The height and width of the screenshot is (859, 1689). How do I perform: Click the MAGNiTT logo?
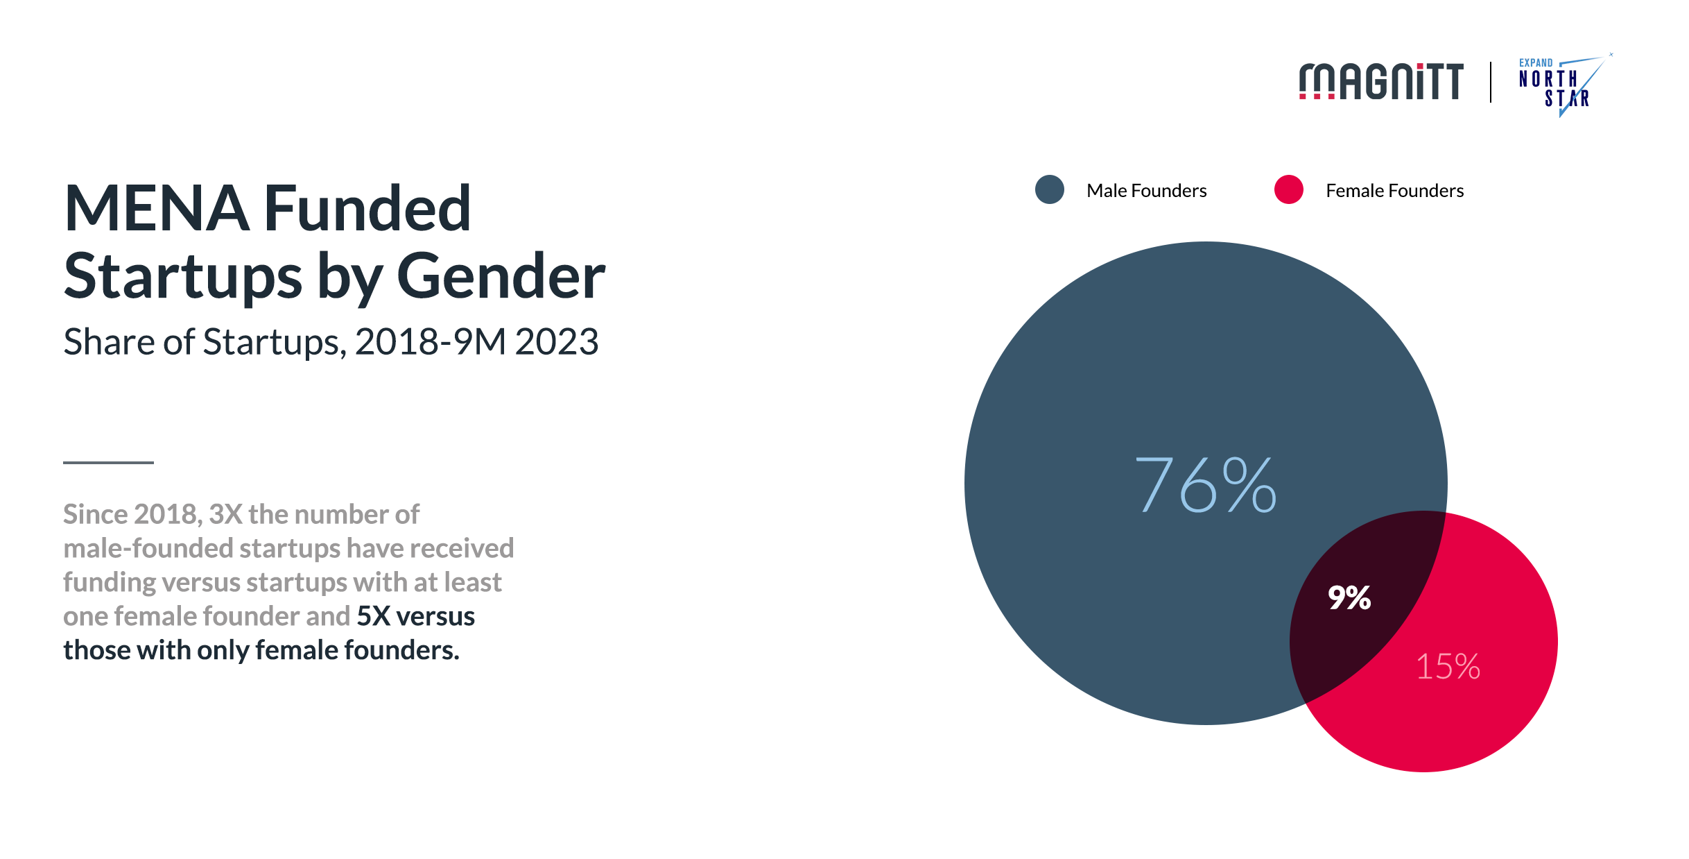(1381, 82)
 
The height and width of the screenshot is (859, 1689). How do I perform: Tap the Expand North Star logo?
(1565, 85)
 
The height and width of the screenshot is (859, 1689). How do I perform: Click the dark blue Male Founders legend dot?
(1049, 189)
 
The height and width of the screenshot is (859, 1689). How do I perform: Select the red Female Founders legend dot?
(1288, 189)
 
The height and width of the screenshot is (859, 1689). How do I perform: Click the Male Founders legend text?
(1146, 191)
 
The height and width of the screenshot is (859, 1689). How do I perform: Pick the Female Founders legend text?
(1394, 191)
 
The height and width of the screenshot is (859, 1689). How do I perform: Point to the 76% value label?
(1205, 485)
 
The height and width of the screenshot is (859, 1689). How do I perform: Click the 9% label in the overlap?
(1349, 597)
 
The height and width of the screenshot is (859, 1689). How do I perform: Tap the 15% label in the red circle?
(1448, 666)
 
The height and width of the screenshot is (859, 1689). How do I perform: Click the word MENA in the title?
(157, 208)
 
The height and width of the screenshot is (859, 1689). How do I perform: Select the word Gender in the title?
(501, 276)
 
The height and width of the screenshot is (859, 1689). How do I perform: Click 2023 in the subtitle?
(557, 341)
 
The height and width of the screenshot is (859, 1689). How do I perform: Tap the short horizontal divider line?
(108, 462)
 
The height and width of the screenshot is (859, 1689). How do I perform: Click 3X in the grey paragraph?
(225, 514)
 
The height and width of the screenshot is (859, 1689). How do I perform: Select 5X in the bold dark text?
(374, 616)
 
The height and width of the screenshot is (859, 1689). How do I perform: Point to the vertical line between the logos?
(1491, 82)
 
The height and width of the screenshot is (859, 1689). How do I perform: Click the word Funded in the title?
(367, 208)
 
